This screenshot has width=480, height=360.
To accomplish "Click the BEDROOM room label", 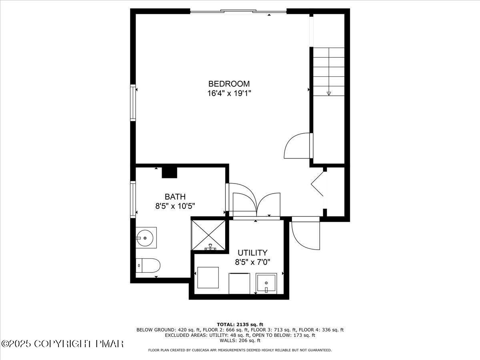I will click(229, 84).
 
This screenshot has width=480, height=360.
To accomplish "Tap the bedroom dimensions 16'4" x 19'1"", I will click(229, 94).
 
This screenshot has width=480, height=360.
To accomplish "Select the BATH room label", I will click(175, 197).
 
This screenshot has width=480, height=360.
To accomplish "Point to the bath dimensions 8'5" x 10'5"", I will click(175, 206).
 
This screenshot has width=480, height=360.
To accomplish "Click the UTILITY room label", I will click(252, 253).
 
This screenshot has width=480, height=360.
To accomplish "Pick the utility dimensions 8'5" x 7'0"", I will click(252, 262).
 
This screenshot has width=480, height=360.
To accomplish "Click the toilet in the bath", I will click(148, 265).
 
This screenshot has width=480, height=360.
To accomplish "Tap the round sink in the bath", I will click(145, 238).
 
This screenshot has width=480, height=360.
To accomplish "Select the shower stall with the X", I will click(208, 235).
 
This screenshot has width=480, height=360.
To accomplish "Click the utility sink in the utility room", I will click(266, 283).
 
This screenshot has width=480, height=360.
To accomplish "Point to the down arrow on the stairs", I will click(329, 93).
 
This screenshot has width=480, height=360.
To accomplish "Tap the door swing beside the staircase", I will click(297, 146).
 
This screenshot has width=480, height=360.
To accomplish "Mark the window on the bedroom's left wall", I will click(133, 102).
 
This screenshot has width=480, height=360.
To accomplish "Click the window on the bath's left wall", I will click(133, 199).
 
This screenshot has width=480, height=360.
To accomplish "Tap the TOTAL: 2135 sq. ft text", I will click(240, 324).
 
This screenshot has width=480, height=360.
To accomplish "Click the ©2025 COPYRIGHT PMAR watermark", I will click(63, 344).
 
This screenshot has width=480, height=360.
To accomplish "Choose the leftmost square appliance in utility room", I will click(208, 278).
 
